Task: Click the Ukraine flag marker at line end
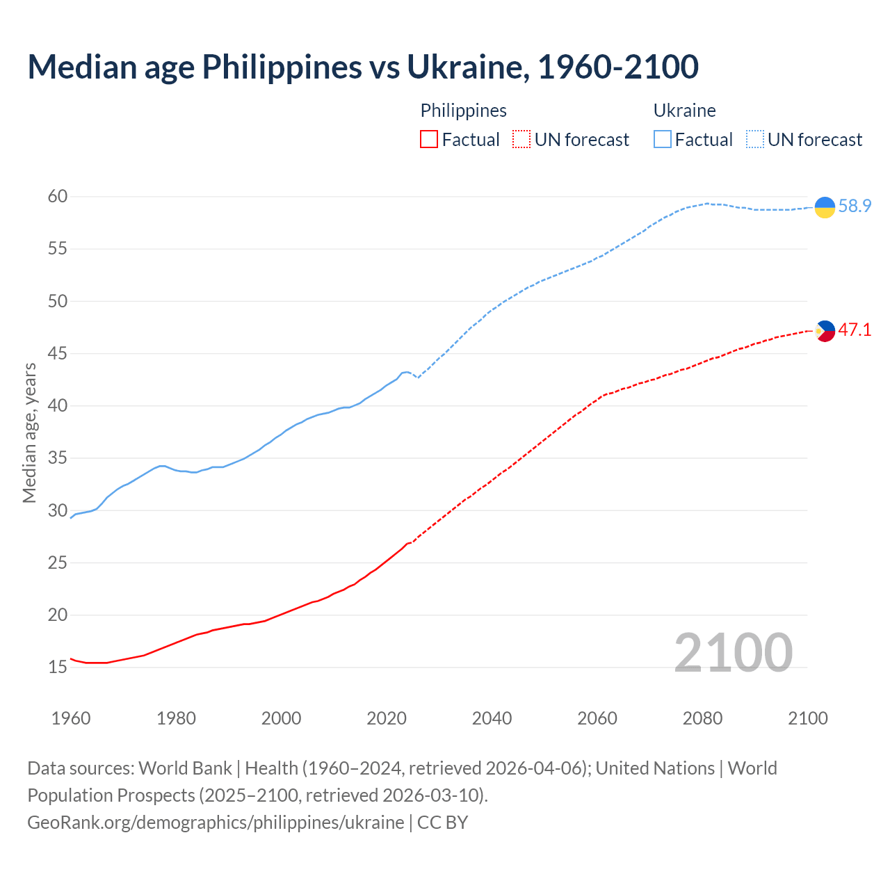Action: click(x=825, y=207)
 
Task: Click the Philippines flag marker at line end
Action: click(x=825, y=331)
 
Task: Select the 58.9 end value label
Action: click(x=855, y=207)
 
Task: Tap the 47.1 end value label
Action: click(x=855, y=330)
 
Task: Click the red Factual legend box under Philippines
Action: click(x=429, y=140)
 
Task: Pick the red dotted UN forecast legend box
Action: click(x=521, y=140)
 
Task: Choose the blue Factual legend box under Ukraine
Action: click(x=663, y=140)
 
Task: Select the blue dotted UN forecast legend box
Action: click(x=754, y=140)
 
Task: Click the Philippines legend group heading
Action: click(x=463, y=111)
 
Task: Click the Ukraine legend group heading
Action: click(x=684, y=111)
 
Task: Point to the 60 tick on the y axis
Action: click(x=58, y=197)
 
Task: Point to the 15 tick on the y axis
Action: click(x=58, y=667)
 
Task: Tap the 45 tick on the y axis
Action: click(x=58, y=354)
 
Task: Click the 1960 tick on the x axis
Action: click(x=71, y=718)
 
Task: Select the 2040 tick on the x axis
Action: click(x=492, y=718)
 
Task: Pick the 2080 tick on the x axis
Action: click(x=702, y=718)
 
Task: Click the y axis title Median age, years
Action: click(x=29, y=432)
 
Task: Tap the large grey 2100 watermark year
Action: click(x=733, y=653)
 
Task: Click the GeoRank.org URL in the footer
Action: click(x=216, y=823)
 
